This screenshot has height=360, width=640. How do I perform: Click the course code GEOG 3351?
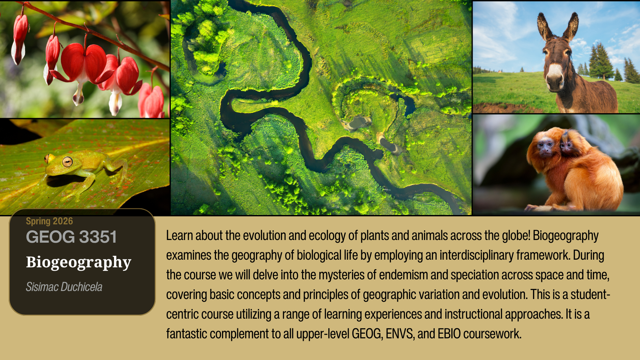71,237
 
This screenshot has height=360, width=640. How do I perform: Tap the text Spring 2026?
49,221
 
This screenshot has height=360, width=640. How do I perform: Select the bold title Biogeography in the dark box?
79,262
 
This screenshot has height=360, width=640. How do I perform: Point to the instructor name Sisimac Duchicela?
64,287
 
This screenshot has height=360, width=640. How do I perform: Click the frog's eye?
67,162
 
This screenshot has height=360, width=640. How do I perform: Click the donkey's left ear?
544,26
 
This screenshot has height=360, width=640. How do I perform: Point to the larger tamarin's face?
546,147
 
